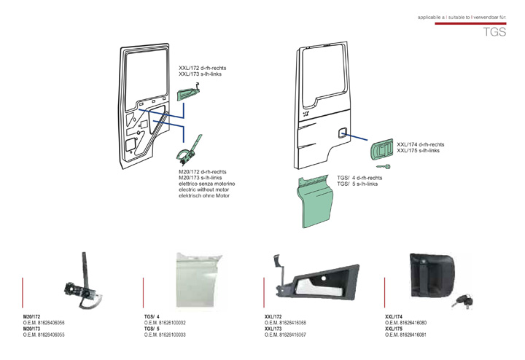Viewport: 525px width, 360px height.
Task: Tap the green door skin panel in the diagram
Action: click(x=319, y=200)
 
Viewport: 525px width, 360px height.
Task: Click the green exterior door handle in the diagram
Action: click(x=382, y=150)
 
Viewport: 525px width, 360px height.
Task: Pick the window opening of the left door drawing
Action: click(x=147, y=73)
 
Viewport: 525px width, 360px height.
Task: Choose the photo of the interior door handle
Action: click(x=316, y=281)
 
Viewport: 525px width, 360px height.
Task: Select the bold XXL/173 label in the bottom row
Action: click(x=273, y=329)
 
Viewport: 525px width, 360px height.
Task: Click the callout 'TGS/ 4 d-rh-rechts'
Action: click(x=360, y=178)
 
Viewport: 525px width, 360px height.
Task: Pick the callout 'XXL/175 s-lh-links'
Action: click(x=418, y=150)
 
